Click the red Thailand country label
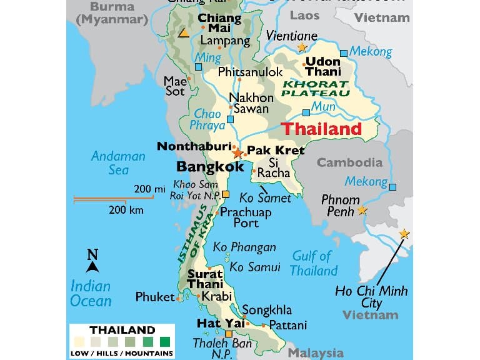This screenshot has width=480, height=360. pos(321,129)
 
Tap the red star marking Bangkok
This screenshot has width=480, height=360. pos(237,152)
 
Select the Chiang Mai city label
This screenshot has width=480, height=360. pos(219,24)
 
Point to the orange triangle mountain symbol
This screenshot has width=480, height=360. pos(184,33)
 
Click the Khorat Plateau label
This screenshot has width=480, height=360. pos(315,88)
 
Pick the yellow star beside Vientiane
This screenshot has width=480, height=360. pos(302,47)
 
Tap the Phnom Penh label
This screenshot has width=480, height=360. pos(340,206)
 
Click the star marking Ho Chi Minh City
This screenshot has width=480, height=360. pos(404,234)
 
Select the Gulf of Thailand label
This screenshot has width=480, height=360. pos(314,263)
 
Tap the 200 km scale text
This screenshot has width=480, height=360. pos(126,210)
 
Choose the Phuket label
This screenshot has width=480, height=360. pos(155,297)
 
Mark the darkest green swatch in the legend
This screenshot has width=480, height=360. pos(165,342)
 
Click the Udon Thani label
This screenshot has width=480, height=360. pos(323,66)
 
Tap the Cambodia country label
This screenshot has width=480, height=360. pos(349,162)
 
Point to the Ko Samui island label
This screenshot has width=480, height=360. pos(255,267)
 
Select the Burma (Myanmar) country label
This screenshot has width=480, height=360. pos(111,13)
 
